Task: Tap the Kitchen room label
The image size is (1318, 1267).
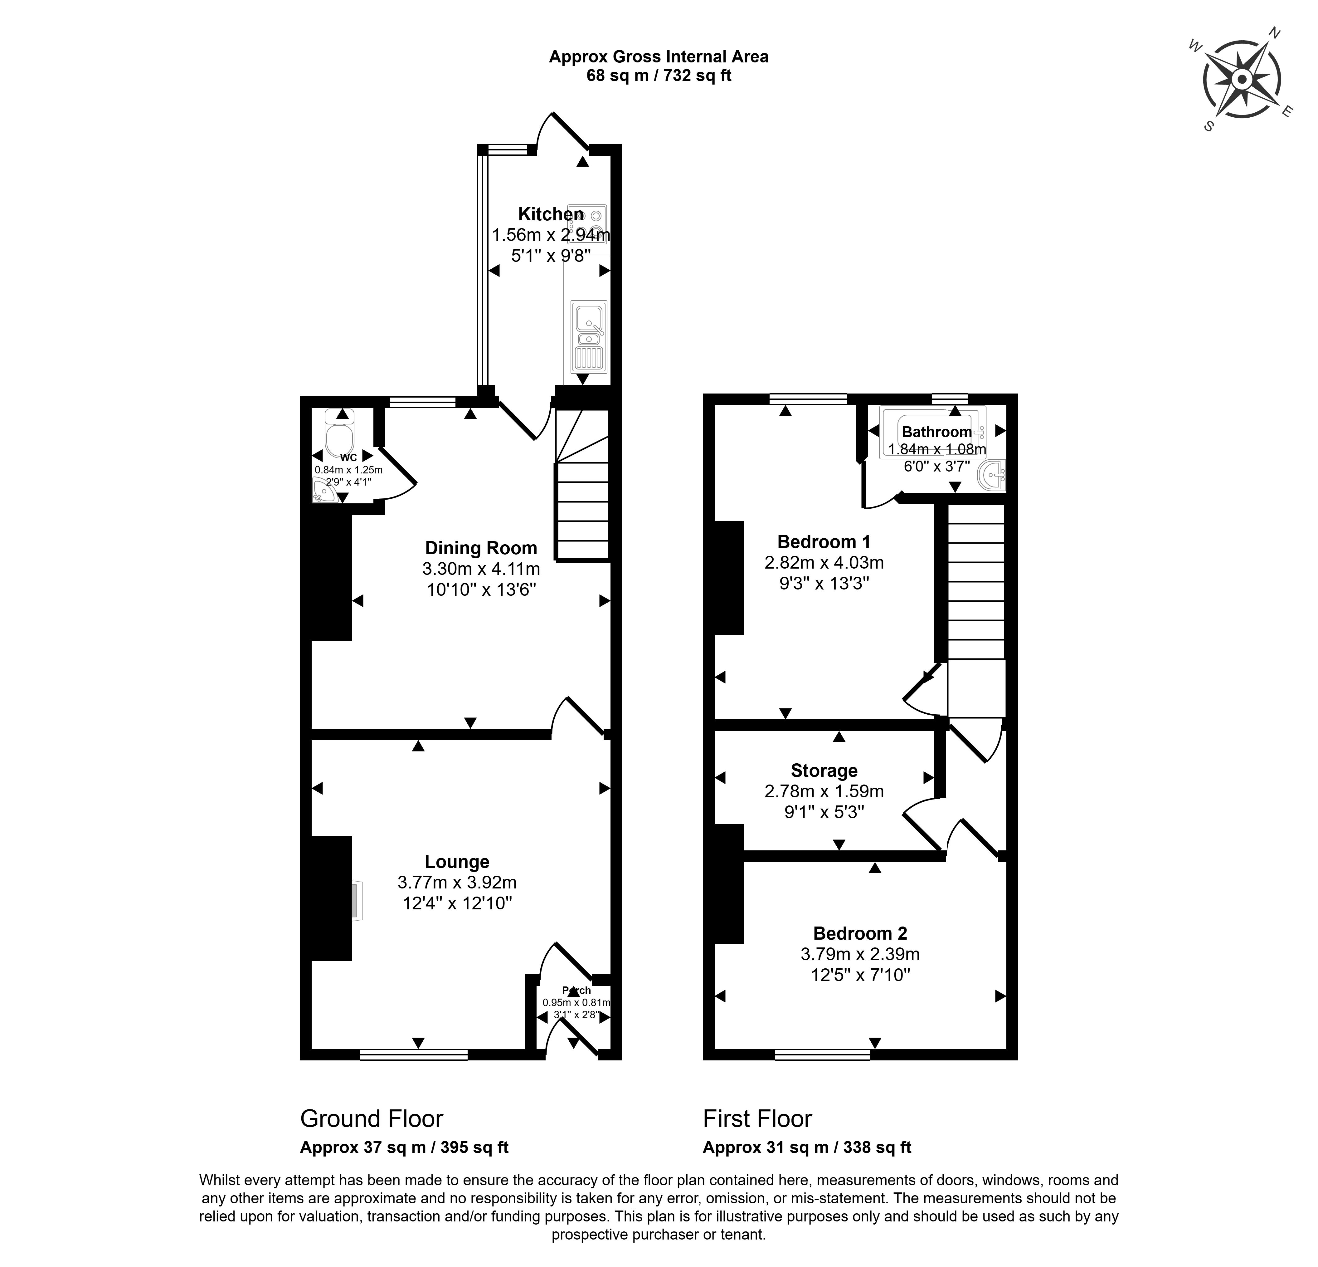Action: point(551,214)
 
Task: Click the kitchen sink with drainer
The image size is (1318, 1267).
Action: point(589,336)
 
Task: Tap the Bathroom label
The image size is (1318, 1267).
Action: point(937,432)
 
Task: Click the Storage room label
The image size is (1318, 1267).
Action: point(824,770)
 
